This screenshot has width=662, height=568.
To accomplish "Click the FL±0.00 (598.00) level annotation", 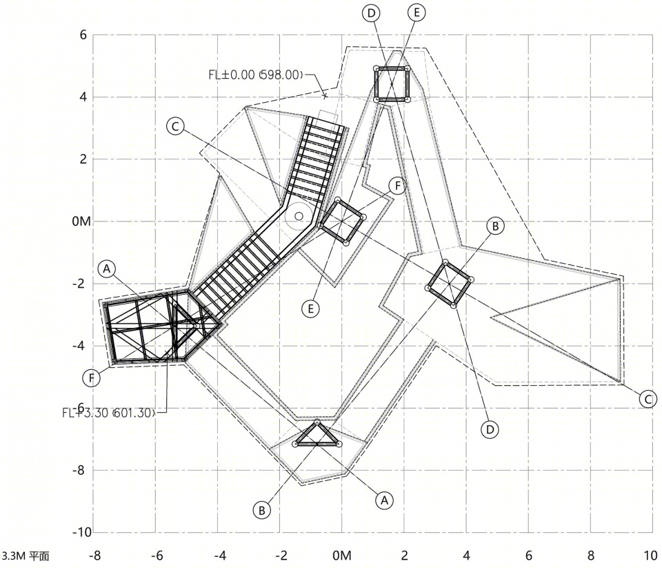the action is click(256, 75).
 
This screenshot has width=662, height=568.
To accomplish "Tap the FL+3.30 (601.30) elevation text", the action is click(109, 413).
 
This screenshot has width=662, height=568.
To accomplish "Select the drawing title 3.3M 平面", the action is click(25, 556).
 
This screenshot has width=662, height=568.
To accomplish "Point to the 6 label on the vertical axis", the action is click(83, 35).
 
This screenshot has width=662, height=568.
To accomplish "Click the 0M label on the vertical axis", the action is click(81, 221).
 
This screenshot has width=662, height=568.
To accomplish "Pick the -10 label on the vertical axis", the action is click(82, 532).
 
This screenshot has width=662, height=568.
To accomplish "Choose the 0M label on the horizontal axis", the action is click(341, 556).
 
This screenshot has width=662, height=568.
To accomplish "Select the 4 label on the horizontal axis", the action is click(467, 556).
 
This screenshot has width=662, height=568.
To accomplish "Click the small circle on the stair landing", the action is click(299, 217).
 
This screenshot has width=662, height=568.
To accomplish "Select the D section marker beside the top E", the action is click(371, 13).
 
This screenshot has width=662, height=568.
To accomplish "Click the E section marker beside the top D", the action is click(417, 12).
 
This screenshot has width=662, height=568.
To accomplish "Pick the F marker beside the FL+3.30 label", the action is click(91, 378).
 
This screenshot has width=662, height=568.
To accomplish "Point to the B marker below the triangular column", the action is click(262, 510).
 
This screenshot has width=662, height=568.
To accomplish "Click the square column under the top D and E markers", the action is click(392, 84).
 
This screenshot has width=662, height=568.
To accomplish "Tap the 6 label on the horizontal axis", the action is click(529, 556).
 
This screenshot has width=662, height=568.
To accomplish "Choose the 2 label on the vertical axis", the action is click(83, 159).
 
